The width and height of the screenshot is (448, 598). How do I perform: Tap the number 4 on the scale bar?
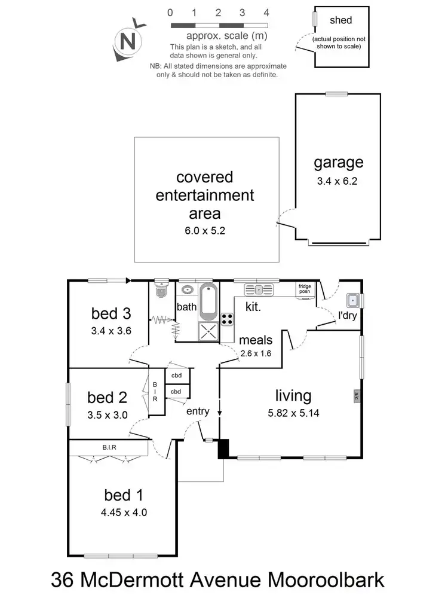tap(266, 13)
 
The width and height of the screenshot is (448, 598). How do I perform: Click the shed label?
tap(340, 20)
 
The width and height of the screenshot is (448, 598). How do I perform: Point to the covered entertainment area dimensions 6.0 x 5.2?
tap(204, 229)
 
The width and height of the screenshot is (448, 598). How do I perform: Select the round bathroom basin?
tap(187, 290)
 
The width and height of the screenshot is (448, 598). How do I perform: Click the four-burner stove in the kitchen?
tap(228, 319)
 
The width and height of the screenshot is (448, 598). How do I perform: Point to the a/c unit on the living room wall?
tap(357, 395)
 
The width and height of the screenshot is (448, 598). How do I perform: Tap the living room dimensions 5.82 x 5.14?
tap(293, 412)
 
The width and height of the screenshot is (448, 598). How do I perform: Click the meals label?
tap(256, 340)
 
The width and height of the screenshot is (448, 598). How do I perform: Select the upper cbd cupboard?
tap(177, 376)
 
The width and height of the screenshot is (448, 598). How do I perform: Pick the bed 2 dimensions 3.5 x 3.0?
tap(108, 414)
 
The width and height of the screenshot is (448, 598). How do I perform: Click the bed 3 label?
tap(111, 313)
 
